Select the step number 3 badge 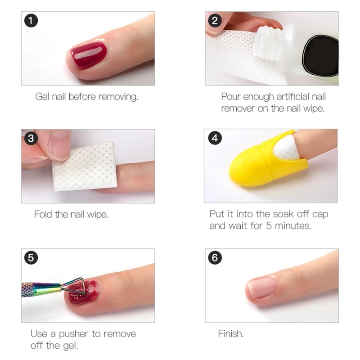point(31,138)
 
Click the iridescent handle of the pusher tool point(41,287)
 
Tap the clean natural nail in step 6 point(263,287)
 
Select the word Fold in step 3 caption point(44,214)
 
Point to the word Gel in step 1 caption point(42,97)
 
